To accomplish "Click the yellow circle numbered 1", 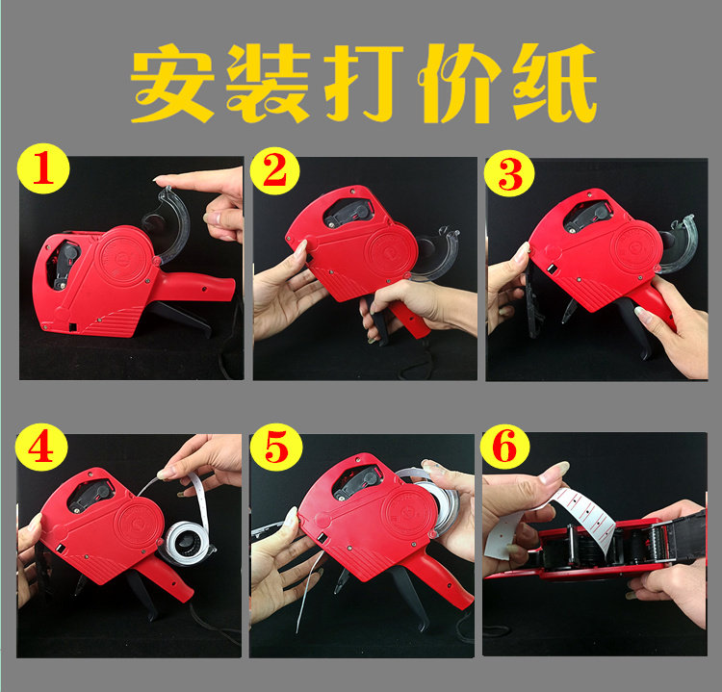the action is (x=42, y=168).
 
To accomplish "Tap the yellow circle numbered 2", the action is (x=275, y=170).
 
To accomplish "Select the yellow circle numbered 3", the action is (x=509, y=173).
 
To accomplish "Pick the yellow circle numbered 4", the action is (x=41, y=448).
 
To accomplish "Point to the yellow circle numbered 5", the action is (x=276, y=448).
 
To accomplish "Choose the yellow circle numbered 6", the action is (x=504, y=448).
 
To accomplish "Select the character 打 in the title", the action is (x=364, y=83).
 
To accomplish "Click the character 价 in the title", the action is (x=459, y=83).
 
